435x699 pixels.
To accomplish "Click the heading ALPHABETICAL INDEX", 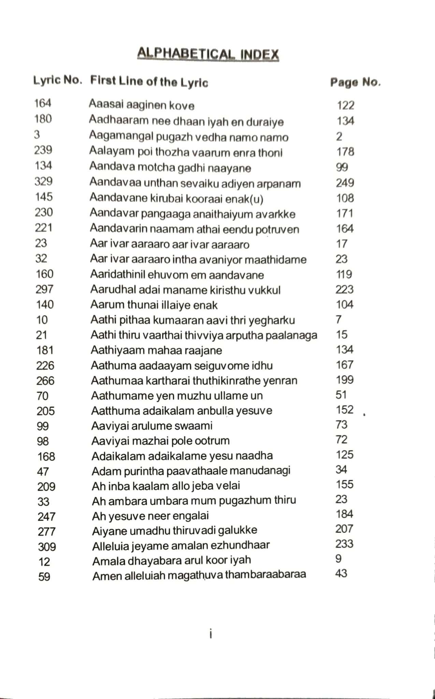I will tap(208, 54).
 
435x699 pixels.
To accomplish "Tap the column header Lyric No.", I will tap(58, 81).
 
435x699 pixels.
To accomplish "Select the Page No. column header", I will tap(355, 83).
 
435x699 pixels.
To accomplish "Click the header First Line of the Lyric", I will tap(149, 82).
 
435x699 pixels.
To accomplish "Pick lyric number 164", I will tap(43, 103).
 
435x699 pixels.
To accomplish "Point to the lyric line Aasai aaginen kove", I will tap(142, 104).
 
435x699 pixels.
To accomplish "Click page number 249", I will tap(345, 183).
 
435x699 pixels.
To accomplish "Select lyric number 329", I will tap(43, 181).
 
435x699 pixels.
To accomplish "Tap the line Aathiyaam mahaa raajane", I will tap(156, 351).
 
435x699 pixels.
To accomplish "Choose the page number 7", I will tap(338, 320).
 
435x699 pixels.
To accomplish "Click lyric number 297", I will tap(45, 289).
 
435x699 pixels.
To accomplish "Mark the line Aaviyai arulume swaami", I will tap(152, 426).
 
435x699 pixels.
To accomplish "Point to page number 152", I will tap(345, 410).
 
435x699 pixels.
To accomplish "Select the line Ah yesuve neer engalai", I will tap(150, 516).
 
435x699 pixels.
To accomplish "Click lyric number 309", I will tap(47, 547).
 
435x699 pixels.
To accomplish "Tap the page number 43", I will tap(341, 573).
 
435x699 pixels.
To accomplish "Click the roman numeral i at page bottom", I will tap(211, 634).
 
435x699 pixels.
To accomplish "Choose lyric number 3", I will tap(37, 135).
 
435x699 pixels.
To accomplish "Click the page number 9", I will tap(338, 559).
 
